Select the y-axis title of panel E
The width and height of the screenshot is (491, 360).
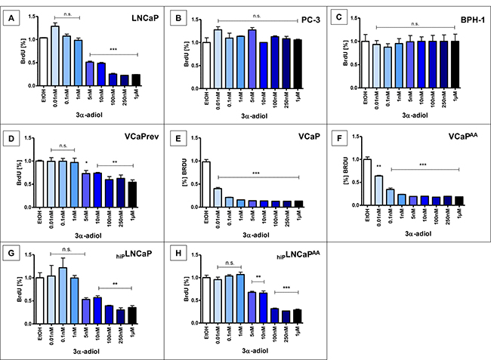tap(183, 176)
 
